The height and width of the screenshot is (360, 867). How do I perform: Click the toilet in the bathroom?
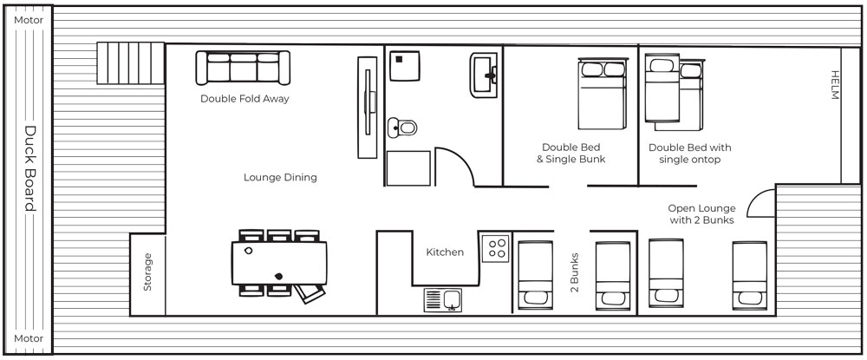click(402, 128)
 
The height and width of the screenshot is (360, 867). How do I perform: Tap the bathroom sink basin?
click(484, 75)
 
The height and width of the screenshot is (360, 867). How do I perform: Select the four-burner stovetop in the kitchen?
click(495, 248)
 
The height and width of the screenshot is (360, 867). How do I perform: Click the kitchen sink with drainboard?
click(443, 300)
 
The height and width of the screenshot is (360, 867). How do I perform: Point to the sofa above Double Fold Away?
click(243, 68)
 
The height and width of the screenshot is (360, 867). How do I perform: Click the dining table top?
click(279, 263)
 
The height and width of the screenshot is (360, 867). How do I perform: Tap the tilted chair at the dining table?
click(310, 293)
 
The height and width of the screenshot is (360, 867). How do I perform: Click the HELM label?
click(835, 85)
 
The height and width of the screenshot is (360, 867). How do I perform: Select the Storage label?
click(147, 272)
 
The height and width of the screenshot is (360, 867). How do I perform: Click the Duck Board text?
click(29, 168)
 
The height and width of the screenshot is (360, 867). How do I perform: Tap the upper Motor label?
click(29, 20)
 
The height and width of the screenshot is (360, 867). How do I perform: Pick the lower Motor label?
click(29, 338)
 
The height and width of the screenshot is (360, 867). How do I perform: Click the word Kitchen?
click(445, 252)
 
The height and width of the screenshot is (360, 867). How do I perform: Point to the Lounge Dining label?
click(280, 178)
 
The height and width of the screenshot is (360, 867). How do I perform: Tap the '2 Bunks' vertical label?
click(575, 272)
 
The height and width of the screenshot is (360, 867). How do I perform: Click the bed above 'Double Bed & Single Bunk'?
click(603, 94)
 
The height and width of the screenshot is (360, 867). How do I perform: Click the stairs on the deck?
click(131, 63)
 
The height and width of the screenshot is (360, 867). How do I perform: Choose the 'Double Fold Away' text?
click(244, 99)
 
